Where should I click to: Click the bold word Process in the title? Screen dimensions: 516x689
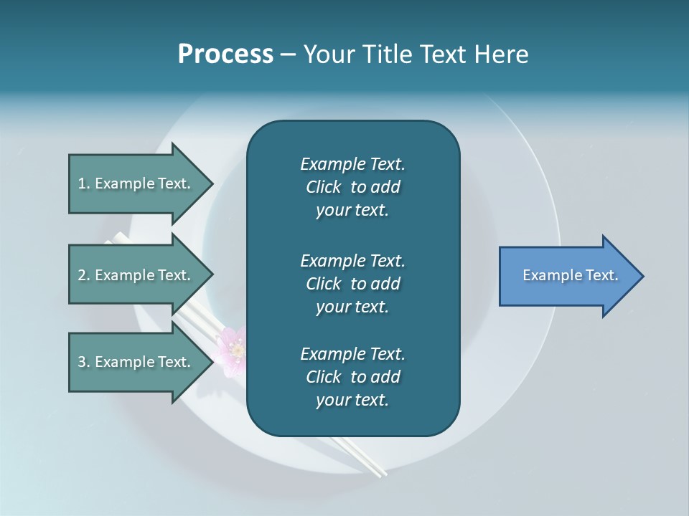pos(225,54)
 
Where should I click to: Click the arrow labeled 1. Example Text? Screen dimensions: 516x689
pos(136,183)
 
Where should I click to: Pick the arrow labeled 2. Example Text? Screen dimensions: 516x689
pos(136,275)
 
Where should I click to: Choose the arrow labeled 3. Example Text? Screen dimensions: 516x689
pos(136,362)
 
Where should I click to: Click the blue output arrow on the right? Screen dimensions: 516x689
pos(567,276)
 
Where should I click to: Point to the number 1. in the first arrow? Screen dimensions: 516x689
pos(83,183)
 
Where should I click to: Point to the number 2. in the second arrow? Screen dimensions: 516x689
pos(83,275)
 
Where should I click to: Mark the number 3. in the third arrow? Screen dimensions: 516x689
pos(83,362)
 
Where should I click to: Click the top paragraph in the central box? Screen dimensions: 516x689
pos(352,187)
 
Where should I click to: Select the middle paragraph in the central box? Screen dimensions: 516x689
pos(352,284)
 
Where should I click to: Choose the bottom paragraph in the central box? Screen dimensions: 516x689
pos(352,377)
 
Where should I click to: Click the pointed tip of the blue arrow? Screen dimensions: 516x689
pos(641,276)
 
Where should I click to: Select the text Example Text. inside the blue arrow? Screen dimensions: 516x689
pos(570,275)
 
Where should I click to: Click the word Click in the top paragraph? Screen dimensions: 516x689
pos(323,187)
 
